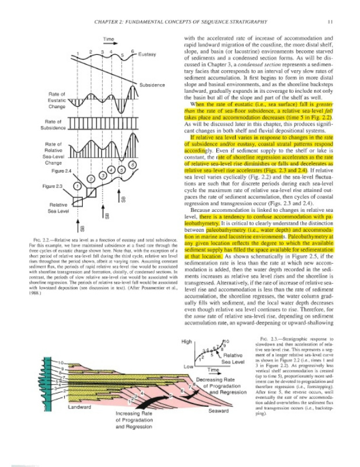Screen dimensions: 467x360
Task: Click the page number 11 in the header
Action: point(330,23)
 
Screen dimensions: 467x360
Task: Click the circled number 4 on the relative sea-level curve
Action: point(111,170)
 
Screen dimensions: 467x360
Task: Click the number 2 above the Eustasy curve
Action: point(90,53)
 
